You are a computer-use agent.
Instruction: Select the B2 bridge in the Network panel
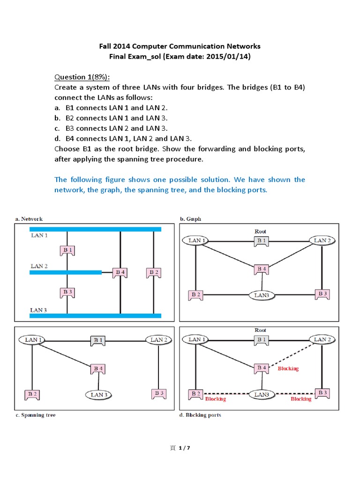click(x=153, y=272)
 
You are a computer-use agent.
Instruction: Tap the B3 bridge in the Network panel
click(x=67, y=292)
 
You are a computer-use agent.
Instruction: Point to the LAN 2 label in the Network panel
click(x=39, y=266)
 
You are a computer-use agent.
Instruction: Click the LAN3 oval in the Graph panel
click(x=262, y=295)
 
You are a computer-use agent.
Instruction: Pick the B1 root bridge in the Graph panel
click(x=261, y=240)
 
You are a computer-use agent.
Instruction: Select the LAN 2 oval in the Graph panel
click(x=322, y=240)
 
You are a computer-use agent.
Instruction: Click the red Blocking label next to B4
click(x=288, y=368)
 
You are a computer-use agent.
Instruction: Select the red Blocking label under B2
click(x=216, y=399)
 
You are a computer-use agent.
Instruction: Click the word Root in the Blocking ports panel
click(x=260, y=330)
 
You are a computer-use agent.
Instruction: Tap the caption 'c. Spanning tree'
click(x=35, y=415)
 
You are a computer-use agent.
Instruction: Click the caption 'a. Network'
click(x=29, y=218)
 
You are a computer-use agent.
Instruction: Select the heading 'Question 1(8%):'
click(x=83, y=77)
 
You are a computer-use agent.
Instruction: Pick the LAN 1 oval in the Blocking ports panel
click(x=198, y=339)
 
